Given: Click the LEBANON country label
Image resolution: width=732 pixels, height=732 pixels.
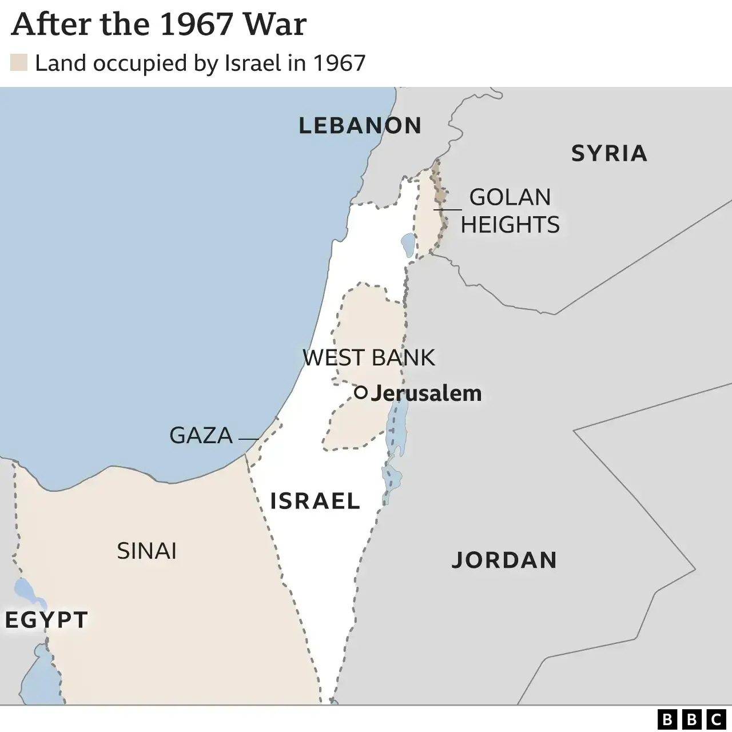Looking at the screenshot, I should pyautogui.click(x=360, y=125).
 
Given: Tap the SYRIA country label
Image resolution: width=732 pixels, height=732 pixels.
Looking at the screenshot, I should pyautogui.click(x=609, y=153).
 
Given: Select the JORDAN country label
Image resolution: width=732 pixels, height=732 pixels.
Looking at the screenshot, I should pyautogui.click(x=504, y=560).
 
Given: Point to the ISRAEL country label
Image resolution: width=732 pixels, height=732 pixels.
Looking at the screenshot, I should pyautogui.click(x=315, y=501).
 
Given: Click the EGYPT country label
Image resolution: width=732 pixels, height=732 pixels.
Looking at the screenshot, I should pyautogui.click(x=46, y=620).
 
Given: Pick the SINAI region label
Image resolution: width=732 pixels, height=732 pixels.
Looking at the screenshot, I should pyautogui.click(x=146, y=551).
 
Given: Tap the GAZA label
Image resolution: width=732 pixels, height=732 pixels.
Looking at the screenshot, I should pyautogui.click(x=201, y=436).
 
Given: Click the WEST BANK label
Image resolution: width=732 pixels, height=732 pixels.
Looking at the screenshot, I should pyautogui.click(x=368, y=357).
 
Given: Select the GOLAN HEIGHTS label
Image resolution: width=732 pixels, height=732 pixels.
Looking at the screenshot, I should pyautogui.click(x=510, y=210).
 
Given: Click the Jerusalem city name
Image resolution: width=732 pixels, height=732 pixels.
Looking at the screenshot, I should pyautogui.click(x=426, y=393).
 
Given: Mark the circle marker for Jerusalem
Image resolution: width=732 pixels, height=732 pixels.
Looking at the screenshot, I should pyautogui.click(x=360, y=392).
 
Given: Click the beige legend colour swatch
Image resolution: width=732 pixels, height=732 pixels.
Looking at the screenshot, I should pyautogui.click(x=19, y=63).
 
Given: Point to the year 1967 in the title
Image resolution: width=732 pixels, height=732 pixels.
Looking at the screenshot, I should pyautogui.click(x=196, y=24).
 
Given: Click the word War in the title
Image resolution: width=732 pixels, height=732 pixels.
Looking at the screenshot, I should pyautogui.click(x=274, y=24).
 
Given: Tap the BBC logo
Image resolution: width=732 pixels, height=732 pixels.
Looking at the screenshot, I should pyautogui.click(x=691, y=719).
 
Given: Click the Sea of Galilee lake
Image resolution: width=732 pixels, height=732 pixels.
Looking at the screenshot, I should pyautogui.click(x=407, y=245).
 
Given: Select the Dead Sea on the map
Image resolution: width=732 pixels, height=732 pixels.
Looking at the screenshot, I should pyautogui.click(x=397, y=426).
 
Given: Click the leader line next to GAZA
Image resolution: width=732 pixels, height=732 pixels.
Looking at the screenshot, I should pyautogui.click(x=248, y=439).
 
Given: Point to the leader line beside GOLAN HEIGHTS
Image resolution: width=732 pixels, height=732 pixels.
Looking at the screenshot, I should pyautogui.click(x=448, y=209).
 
